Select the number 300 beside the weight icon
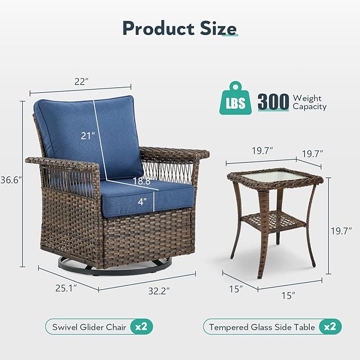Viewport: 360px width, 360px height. pos(274,101)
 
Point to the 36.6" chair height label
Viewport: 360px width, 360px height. pos(10,180)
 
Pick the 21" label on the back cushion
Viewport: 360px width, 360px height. pos(88,136)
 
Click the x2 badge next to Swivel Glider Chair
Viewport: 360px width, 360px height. pos(141,327)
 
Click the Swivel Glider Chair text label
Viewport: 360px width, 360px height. pos(89,327)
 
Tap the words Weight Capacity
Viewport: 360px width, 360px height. pos(310,102)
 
